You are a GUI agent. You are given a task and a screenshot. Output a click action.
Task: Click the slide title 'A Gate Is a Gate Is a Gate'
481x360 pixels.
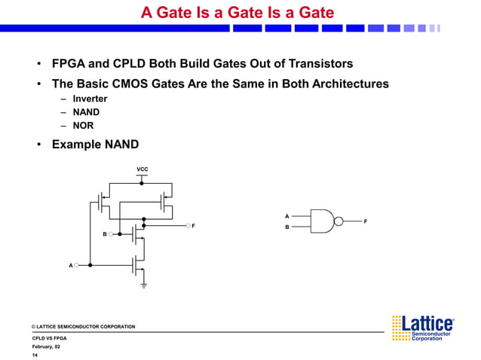tap(237, 13)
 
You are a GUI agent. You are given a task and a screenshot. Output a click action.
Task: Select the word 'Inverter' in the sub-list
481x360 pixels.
tap(90, 99)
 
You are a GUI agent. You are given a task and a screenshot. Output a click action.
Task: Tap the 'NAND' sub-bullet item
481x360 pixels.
tap(86, 112)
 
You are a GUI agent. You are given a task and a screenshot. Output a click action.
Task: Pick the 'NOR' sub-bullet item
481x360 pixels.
tap(83, 126)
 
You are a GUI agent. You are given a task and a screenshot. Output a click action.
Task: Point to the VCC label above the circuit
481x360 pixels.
tap(142, 168)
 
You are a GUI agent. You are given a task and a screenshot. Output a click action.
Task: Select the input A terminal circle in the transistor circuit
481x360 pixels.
tap(77, 265)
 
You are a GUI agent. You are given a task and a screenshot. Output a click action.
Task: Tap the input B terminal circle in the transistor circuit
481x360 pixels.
tap(111, 234)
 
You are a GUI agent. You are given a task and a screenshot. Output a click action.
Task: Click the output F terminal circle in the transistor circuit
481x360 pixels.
tap(187, 225)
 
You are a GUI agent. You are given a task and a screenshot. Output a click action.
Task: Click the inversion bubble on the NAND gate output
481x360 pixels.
tap(339, 221)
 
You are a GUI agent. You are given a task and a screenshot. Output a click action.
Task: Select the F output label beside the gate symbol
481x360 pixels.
tap(366, 221)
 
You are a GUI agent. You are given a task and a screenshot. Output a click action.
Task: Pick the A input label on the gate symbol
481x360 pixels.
tap(286, 216)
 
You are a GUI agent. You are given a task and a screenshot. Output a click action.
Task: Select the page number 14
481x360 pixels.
tap(35, 355)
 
